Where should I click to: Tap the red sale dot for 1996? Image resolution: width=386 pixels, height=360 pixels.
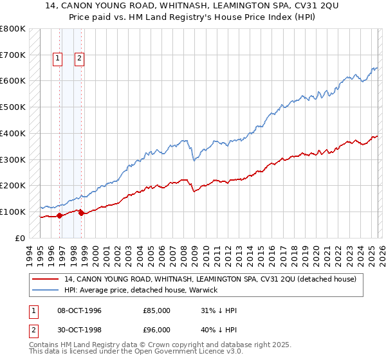tap(59, 215)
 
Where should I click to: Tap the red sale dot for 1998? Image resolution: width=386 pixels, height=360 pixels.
tap(82, 213)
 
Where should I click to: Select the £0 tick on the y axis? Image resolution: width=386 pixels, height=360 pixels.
tap(19, 238)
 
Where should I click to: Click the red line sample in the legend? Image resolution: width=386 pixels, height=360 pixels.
tap(46, 279)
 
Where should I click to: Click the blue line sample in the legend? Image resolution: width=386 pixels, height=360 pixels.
tap(46, 290)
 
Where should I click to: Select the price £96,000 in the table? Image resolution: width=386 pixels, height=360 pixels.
tap(156, 331)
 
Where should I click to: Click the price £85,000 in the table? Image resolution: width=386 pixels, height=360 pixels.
tap(156, 310)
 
